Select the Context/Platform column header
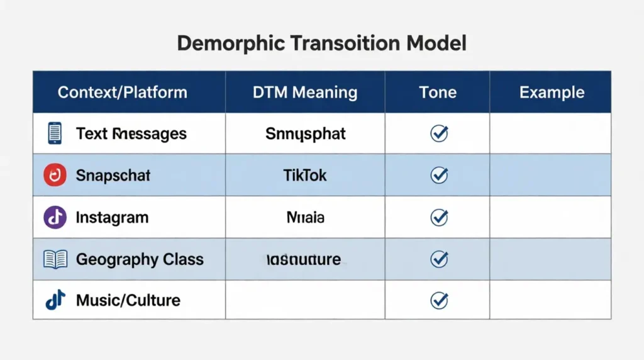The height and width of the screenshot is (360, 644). pos(123,93)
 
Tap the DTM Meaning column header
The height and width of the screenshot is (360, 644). pos(305,93)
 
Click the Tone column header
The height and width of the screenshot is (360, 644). pos(438,93)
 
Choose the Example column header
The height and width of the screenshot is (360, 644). pos(552,93)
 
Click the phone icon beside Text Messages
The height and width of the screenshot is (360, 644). pos(55,133)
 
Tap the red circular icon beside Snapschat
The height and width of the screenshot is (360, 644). pos(55,176)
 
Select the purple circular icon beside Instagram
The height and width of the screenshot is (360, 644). pos(55,217)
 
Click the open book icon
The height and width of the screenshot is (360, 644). pos(55,259)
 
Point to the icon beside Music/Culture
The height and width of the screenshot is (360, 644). pos(55,300)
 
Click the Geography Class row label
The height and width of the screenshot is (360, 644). pos(140,259)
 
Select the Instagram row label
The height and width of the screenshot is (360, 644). pos(112,217)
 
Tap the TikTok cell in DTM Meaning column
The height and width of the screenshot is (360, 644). pos(305,175)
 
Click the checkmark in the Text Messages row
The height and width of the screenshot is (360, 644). pos(438,133)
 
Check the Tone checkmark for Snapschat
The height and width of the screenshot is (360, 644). pos(438,176)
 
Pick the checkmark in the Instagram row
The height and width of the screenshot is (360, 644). pos(438,217)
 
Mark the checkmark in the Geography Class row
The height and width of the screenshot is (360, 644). pos(438,259)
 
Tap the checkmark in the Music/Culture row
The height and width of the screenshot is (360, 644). pos(438,300)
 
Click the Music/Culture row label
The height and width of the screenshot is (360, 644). pos(128,300)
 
